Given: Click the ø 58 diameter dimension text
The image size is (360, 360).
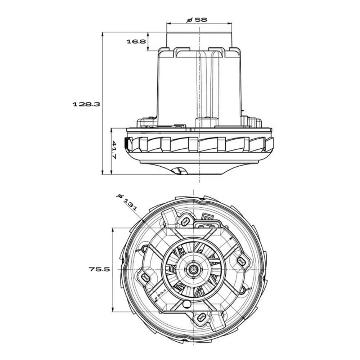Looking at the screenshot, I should (197, 19).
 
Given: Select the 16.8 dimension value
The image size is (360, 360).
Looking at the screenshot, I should (136, 41).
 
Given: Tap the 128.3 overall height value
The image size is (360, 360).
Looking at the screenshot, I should (86, 104).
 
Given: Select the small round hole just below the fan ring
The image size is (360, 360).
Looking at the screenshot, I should (186, 305).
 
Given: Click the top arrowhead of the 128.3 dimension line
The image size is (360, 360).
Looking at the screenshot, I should (103, 35).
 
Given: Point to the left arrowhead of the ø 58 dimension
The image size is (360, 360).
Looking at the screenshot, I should (168, 24).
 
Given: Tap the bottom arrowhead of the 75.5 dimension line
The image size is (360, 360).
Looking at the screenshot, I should (113, 310).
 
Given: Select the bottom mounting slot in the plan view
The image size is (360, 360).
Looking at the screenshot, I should (201, 318).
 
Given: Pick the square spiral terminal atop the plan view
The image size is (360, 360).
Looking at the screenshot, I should (208, 218).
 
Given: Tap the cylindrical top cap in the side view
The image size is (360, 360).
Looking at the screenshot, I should (199, 40).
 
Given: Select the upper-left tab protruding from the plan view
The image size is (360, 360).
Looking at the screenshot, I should (168, 217).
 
